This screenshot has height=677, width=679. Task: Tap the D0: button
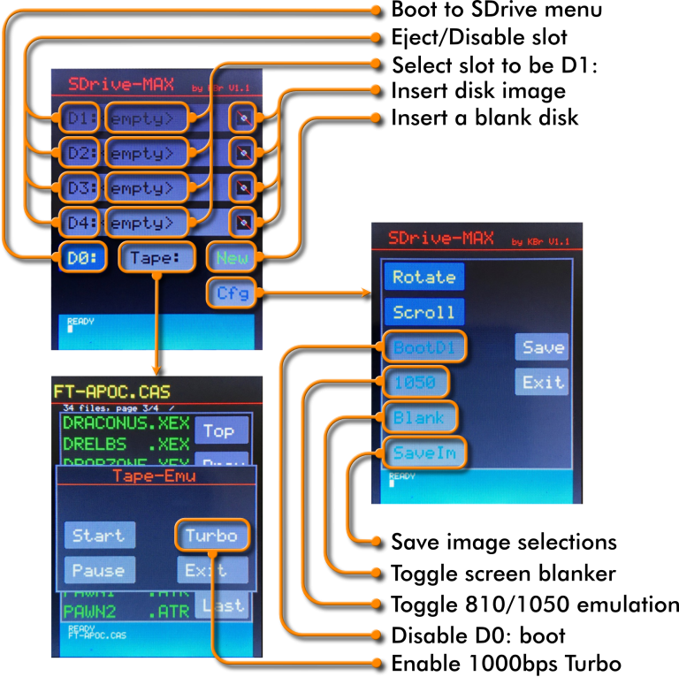click(x=84, y=258)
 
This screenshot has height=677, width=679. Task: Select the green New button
click(x=232, y=258)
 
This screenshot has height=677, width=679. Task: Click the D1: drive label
click(x=80, y=118)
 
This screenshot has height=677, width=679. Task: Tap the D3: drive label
click(x=80, y=187)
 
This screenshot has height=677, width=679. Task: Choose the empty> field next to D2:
click(x=146, y=153)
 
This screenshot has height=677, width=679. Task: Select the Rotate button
click(x=423, y=277)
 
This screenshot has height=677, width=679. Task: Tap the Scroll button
click(x=423, y=312)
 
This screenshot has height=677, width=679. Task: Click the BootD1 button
click(x=424, y=347)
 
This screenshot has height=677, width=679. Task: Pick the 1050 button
click(x=416, y=383)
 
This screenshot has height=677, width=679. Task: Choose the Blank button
click(x=419, y=417)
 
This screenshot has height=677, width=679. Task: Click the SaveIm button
click(x=424, y=453)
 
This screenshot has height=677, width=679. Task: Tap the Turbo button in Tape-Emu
click(x=211, y=535)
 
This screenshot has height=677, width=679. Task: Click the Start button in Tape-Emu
click(x=99, y=535)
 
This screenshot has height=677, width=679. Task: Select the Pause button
click(x=99, y=570)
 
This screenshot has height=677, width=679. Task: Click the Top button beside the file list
click(x=220, y=431)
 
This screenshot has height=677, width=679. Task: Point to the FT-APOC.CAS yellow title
click(x=111, y=392)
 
